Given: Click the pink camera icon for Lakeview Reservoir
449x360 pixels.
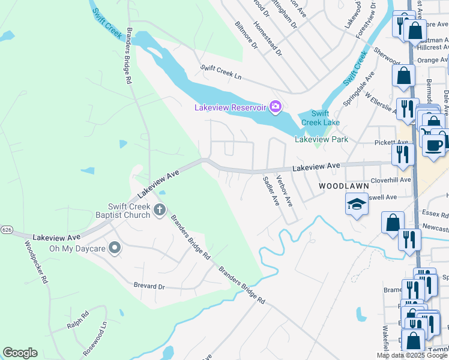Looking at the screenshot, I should [275, 107].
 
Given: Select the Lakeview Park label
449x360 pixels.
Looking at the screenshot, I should [321, 139].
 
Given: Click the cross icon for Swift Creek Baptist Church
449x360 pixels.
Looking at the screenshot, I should [159, 209].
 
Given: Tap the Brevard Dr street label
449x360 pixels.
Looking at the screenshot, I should [149, 287].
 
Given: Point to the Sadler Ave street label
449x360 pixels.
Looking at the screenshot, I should [271, 191].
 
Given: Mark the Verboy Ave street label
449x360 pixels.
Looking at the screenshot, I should [284, 190].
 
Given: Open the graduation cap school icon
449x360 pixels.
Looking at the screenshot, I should [356, 205].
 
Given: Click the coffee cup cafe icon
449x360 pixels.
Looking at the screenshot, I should [433, 144].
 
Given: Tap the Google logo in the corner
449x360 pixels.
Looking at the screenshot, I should [20, 353].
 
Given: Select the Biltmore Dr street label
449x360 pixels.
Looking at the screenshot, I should [246, 36].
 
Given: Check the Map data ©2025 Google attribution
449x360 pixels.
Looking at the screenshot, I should [412, 355].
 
